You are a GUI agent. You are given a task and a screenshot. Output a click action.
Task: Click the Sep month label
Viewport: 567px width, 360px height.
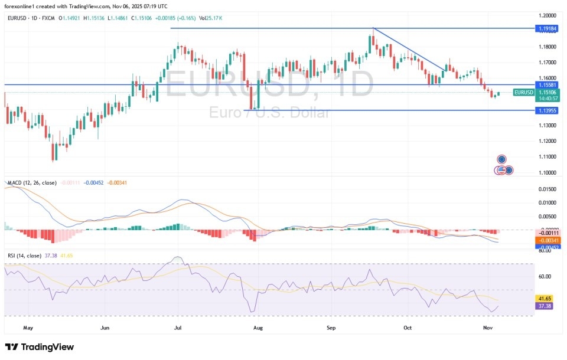click(331, 326)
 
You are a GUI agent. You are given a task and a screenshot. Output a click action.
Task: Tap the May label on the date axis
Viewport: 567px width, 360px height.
click(27, 326)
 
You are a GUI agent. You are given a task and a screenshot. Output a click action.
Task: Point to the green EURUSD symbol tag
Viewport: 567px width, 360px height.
click(523, 92)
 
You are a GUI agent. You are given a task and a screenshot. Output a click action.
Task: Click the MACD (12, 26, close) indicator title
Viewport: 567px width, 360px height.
click(32, 183)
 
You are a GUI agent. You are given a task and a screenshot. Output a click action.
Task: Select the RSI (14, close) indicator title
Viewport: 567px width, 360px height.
click(24, 256)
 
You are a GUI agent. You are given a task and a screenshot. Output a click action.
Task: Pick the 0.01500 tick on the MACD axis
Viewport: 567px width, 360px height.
click(546, 189)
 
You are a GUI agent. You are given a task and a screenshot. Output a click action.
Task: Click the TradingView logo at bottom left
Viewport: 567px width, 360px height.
click(40, 347)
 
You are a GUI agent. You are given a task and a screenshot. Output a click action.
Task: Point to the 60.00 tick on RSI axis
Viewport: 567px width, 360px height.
click(545, 276)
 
